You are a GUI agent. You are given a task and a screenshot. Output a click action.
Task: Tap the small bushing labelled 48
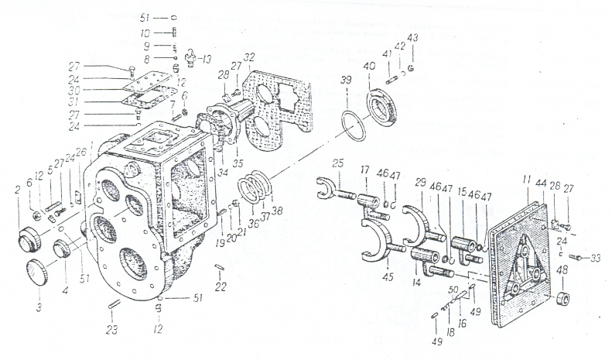(562, 298)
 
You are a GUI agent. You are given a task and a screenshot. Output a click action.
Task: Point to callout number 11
(525, 178)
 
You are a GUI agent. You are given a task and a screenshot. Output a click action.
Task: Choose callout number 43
(412, 38)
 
